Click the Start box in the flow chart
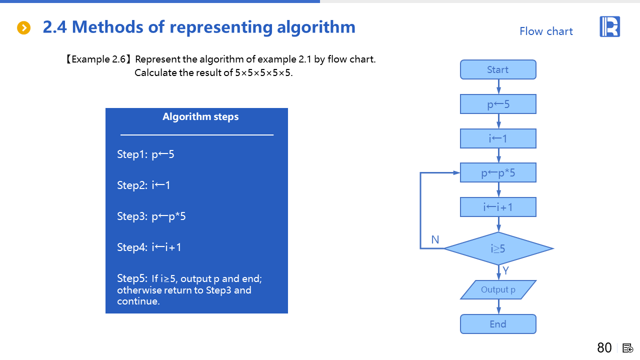tap(498, 69)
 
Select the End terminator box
tap(498, 324)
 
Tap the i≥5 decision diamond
tap(498, 248)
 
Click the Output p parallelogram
tap(498, 289)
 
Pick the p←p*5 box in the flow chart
tap(498, 172)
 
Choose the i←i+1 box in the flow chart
tap(498, 207)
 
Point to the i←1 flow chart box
tap(498, 138)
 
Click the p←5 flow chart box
tap(498, 104)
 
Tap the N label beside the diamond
tap(435, 239)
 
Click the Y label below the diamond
tap(505, 270)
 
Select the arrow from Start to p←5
tap(498, 87)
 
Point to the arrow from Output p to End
tap(498, 307)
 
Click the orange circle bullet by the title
tap(23, 27)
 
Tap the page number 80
tap(604, 347)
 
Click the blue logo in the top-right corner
tap(609, 26)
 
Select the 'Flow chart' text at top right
tap(546, 31)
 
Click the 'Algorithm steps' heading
tap(200, 117)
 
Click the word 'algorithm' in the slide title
tap(316, 27)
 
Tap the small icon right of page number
tap(627, 348)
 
